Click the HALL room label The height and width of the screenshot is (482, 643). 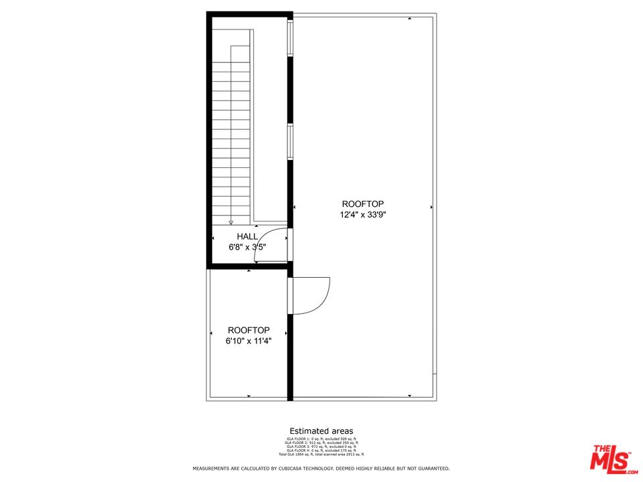point(247,236)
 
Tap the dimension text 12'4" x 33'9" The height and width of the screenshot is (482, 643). point(363,215)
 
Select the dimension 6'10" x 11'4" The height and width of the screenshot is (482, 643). point(248,341)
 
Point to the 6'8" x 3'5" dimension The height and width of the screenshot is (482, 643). point(247,247)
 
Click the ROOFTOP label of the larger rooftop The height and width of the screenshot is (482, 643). point(363,204)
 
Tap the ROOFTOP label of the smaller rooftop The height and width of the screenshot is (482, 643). point(248,330)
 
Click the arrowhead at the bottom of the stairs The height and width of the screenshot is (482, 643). point(231,223)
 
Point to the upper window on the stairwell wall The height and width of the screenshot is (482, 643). point(290,39)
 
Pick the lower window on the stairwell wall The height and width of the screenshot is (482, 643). point(290,141)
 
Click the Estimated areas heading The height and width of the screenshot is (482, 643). point(321,431)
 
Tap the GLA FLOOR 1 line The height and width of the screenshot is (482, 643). point(321,439)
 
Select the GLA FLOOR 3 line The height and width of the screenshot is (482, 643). point(321,447)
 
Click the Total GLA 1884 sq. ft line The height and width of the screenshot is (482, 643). point(321,455)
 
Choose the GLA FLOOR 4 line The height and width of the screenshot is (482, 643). point(321,451)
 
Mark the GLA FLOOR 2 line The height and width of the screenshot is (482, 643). point(321,443)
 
